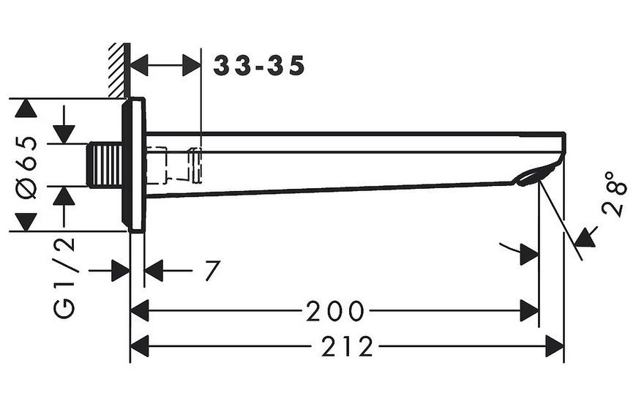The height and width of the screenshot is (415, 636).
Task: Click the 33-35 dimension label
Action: pyautogui.click(x=259, y=66)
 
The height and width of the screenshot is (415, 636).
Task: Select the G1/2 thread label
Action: pyautogui.click(x=64, y=277)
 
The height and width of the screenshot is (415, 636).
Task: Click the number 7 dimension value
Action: pyautogui.click(x=212, y=270)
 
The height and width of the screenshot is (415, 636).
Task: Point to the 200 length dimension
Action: pyautogui.click(x=335, y=311)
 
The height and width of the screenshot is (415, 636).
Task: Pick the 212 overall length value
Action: pyautogui.click(x=347, y=347)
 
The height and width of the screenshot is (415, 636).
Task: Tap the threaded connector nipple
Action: pyautogui.click(x=105, y=165)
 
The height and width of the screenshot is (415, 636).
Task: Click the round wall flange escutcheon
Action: pyautogui.click(x=133, y=165)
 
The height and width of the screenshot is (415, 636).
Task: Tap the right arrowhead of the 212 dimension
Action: pyautogui.click(x=555, y=347)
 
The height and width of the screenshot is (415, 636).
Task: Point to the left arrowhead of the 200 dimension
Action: pyautogui.click(x=140, y=311)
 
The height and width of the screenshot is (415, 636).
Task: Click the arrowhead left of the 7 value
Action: pyautogui.click(x=153, y=270)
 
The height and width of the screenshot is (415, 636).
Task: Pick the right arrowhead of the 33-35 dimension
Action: pyautogui.click(x=192, y=66)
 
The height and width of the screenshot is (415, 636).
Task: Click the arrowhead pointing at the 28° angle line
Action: pyautogui.click(x=586, y=238)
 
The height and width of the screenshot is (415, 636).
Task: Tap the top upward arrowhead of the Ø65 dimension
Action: pyautogui.click(x=26, y=108)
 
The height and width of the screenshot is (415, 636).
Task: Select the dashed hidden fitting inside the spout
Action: pyautogui.click(x=173, y=165)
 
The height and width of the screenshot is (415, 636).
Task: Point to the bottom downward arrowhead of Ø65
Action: pyautogui.click(x=26, y=223)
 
